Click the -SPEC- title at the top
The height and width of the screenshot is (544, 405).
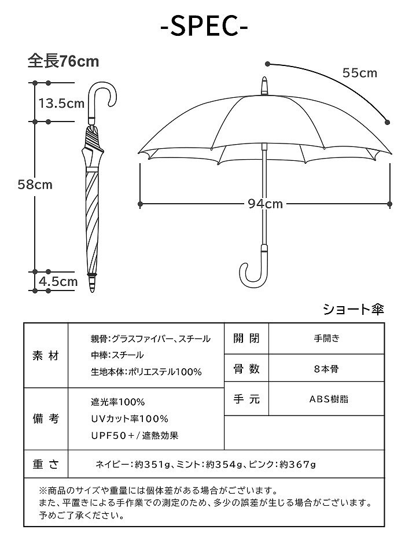[x=203, y=25]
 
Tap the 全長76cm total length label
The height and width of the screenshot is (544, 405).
[x=64, y=61]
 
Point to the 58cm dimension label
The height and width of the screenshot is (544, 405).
[x=35, y=185]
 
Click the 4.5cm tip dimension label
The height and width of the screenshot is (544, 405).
[x=58, y=282]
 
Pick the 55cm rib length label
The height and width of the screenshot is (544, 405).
[x=359, y=73]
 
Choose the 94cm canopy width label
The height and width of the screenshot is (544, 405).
[x=265, y=204]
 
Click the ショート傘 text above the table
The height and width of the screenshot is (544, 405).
[x=353, y=310]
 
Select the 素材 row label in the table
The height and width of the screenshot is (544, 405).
[x=46, y=355]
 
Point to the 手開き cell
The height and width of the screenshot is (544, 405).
[x=327, y=339]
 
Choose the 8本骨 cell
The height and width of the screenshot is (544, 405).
[x=327, y=369]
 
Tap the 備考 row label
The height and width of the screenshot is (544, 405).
[x=46, y=418]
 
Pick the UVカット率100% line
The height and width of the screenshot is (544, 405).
[x=129, y=418]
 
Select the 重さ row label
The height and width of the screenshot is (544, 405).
[x=46, y=464]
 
